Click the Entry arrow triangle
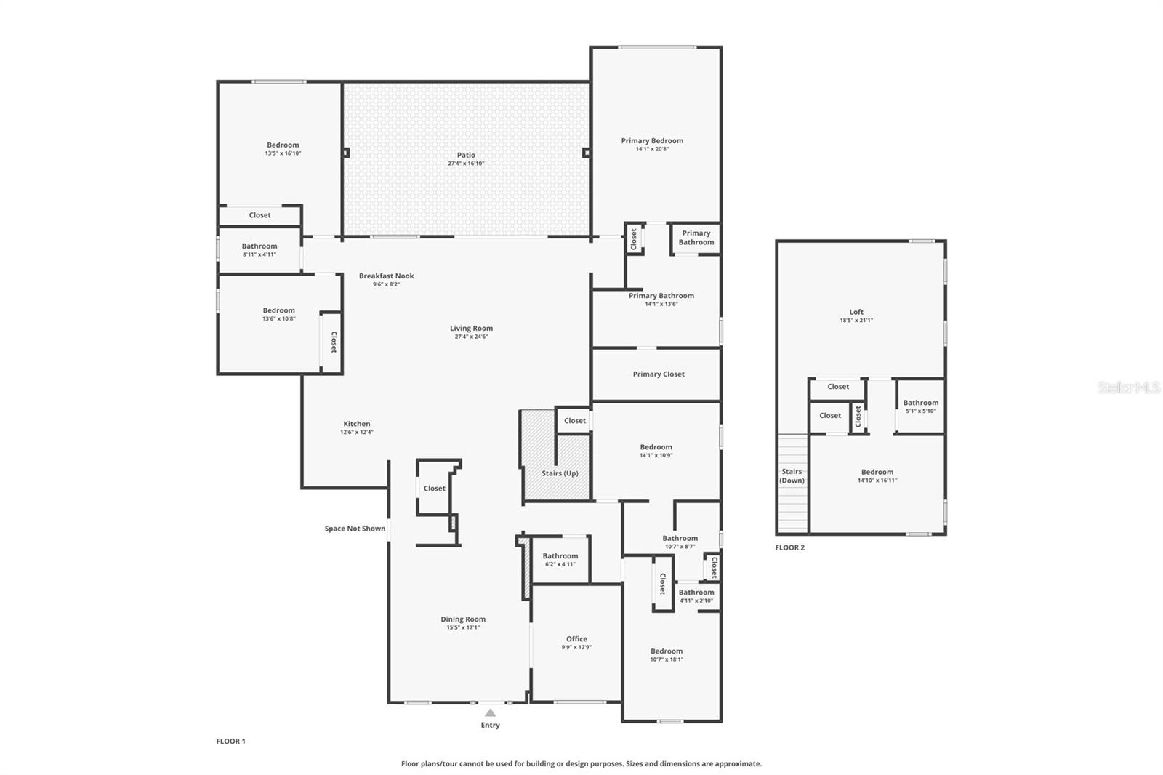click(x=491, y=712)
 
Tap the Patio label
click(x=466, y=155)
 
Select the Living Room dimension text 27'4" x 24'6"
click(x=471, y=337)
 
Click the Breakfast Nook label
click(x=386, y=276)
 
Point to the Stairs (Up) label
click(x=560, y=473)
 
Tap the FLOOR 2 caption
click(x=789, y=547)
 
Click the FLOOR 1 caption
click(x=230, y=742)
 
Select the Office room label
click(x=576, y=639)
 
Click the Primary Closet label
click(x=658, y=374)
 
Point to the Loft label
click(x=856, y=312)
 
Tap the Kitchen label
click(x=356, y=424)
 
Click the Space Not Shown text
click(x=355, y=529)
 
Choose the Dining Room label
click(x=463, y=619)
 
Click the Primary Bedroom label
click(x=652, y=141)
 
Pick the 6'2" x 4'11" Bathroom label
click(x=560, y=556)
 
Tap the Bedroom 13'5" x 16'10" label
click(x=283, y=145)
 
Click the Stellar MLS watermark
click(x=1128, y=387)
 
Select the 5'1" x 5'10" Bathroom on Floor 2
click(x=920, y=403)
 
